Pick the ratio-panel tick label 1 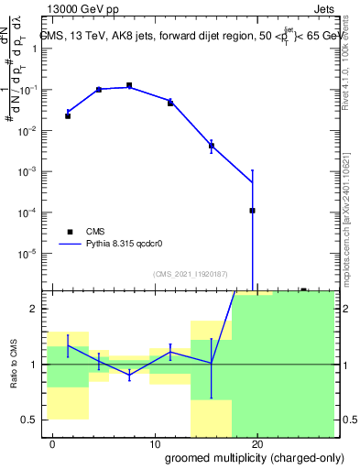[x=32, y=365]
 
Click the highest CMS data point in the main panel [x=129, y=86]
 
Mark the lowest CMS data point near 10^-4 [x=252, y=211]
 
